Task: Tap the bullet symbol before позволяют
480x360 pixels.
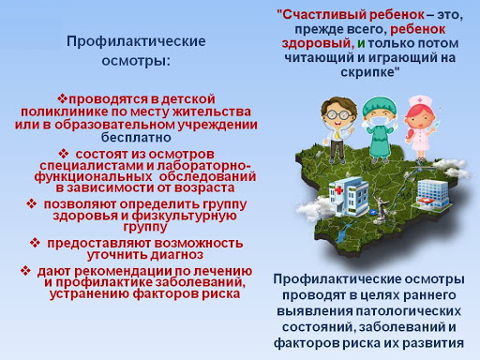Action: click(x=32, y=203)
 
